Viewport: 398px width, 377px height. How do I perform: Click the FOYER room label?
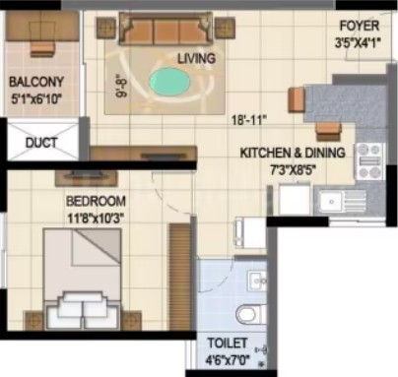(x=359, y=26)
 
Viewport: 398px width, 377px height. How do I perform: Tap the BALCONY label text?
(x=36, y=82)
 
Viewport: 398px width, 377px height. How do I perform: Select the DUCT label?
(x=41, y=143)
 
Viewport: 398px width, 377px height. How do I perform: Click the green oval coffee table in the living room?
(x=169, y=83)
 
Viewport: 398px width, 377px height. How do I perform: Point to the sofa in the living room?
(x=166, y=29)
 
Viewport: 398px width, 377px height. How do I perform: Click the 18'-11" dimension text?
(x=248, y=120)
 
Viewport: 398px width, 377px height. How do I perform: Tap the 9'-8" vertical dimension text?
(x=120, y=87)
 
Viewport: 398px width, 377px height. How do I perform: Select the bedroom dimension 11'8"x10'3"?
(x=96, y=218)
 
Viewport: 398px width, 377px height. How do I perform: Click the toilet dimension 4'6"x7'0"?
(x=228, y=360)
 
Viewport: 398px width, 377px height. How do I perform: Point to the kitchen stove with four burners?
(x=370, y=161)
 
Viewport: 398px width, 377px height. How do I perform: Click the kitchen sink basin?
(x=331, y=201)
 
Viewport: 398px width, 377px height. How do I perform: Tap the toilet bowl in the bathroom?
(x=250, y=314)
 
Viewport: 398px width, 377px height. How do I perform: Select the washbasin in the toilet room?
(x=257, y=280)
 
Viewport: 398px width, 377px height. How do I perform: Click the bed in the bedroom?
(x=82, y=279)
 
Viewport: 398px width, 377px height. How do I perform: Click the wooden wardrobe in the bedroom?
(x=180, y=277)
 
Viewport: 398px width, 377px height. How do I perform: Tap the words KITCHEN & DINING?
(x=293, y=153)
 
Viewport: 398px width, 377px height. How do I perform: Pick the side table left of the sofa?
(x=106, y=28)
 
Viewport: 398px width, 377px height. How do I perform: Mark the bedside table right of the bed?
(x=131, y=320)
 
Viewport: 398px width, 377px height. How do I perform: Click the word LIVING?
(x=196, y=59)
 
